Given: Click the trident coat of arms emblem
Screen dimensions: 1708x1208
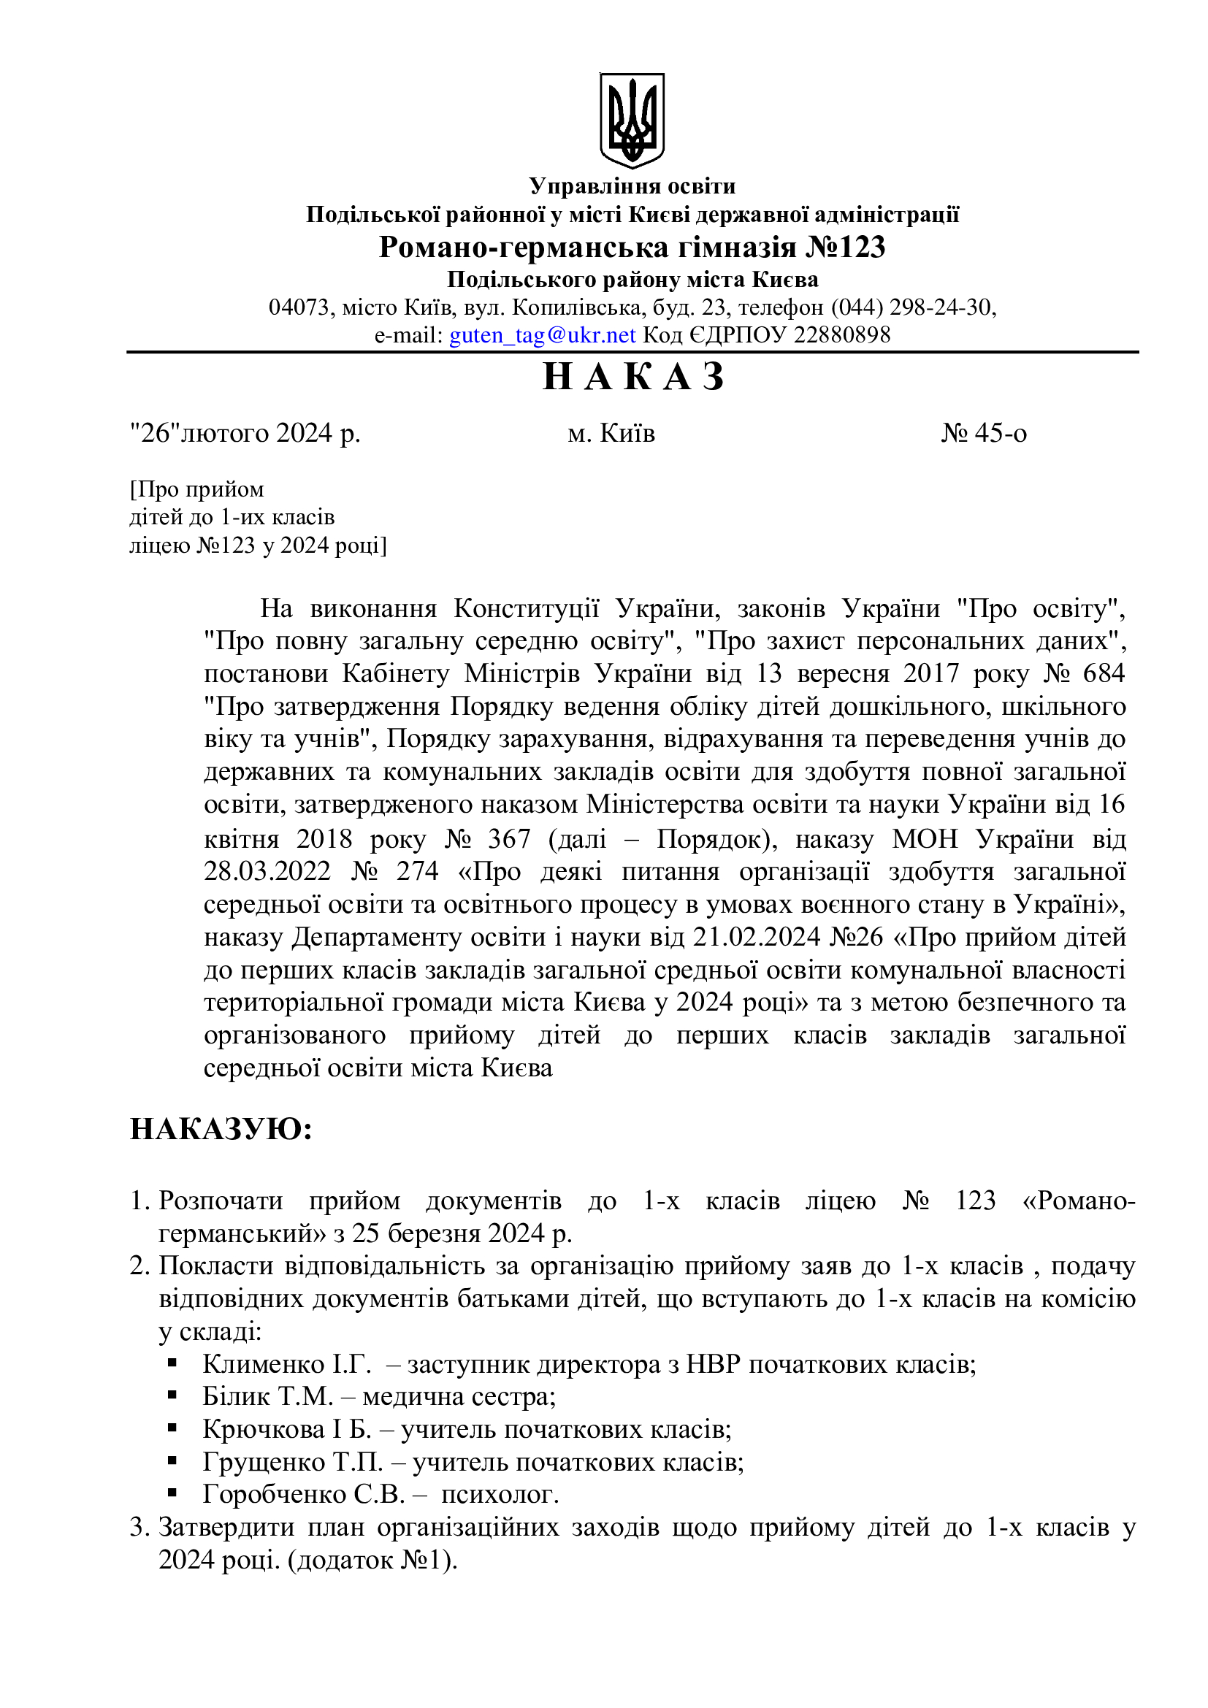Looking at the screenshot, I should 632,120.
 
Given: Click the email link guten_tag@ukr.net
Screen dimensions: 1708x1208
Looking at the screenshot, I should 542,335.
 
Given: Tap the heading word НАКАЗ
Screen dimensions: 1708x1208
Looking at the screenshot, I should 633,376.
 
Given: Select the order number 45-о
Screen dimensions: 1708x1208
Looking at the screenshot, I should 984,433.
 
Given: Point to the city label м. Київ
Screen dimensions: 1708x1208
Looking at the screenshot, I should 611,433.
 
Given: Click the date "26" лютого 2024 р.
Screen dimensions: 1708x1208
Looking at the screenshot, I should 245,433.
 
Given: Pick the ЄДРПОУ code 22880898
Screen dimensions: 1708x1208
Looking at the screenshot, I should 841,335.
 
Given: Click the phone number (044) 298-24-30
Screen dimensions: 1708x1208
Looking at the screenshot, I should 913,307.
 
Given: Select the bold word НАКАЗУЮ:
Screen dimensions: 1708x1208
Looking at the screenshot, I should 221,1128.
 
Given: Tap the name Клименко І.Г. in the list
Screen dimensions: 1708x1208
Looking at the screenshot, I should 287,1363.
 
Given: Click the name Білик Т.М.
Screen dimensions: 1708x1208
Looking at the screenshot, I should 268,1396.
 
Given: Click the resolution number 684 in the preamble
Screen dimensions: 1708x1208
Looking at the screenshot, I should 1104,673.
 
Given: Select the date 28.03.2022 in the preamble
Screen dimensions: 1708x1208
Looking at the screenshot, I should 267,871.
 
